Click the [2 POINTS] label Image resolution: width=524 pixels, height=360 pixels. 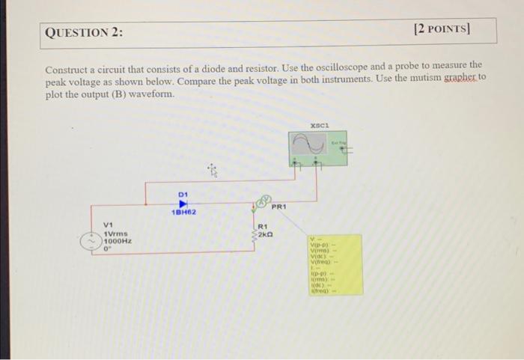pos(444,31)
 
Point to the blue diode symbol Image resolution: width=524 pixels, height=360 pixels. pos(182,204)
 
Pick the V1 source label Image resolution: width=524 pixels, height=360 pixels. pos(109,225)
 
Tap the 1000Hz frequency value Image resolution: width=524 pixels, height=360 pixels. pos(118,241)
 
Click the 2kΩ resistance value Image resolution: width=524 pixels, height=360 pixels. pos(266,234)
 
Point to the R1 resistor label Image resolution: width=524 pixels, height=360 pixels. pos(263,227)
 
